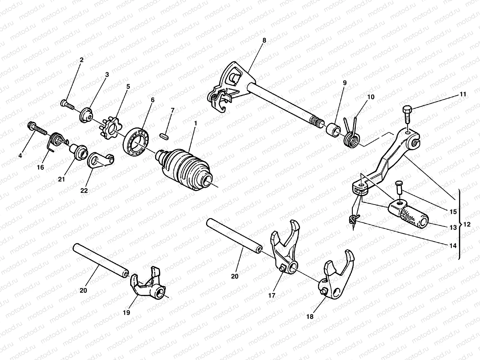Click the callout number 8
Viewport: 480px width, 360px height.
pos(264,40)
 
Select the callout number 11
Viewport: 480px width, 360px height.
pos(463,94)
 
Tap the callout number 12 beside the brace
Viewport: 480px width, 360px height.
pos(467,224)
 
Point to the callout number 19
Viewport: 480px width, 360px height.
pos(126,313)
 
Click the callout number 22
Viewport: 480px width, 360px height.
pos(84,190)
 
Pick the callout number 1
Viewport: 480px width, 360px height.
pos(195,123)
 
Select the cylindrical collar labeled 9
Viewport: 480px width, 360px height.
pos(333,129)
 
